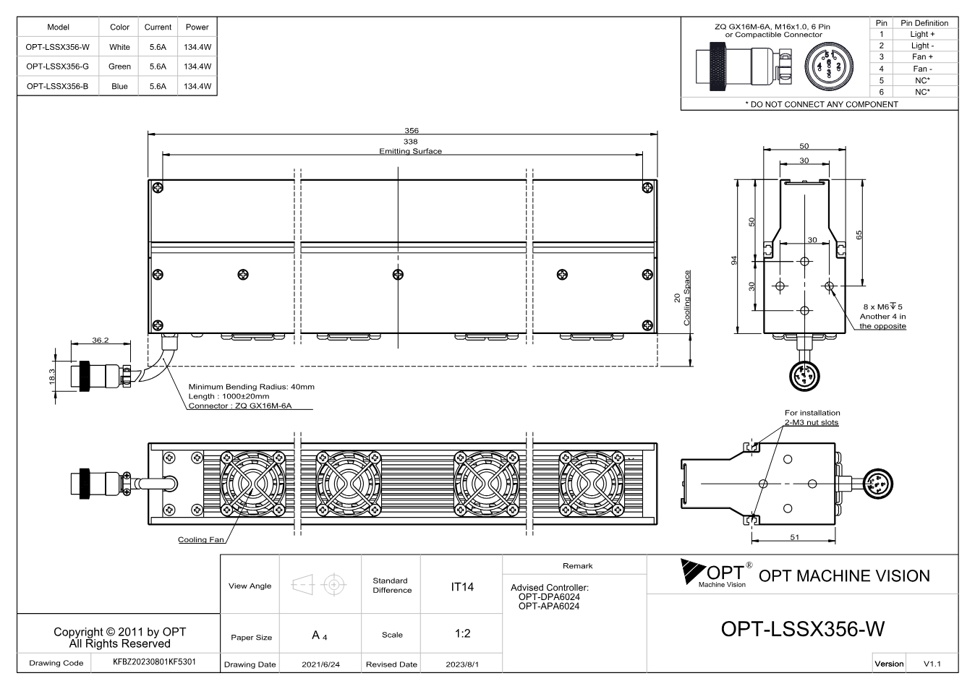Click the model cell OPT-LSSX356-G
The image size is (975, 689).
[x=57, y=67]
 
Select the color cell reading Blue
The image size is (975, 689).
[x=119, y=86]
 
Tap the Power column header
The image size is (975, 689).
[x=197, y=27]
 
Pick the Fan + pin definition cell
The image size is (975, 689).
[x=922, y=57]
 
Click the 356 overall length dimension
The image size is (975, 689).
[x=412, y=130]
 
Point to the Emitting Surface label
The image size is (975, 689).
[x=410, y=151]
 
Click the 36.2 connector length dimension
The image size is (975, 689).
[x=100, y=340]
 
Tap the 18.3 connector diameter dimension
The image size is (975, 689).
[x=52, y=376]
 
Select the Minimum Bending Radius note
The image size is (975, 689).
[x=251, y=387]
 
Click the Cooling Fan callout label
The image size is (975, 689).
[x=200, y=540]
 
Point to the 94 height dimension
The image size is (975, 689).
[x=734, y=260]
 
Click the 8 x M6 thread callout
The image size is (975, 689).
[x=882, y=307]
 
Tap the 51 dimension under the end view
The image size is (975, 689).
[x=795, y=537]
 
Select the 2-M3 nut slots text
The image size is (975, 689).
[x=812, y=422]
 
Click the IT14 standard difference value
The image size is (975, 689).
[x=461, y=587]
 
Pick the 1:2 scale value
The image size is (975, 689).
[x=462, y=633]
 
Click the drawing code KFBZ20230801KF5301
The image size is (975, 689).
[x=154, y=662]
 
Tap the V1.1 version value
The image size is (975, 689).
[x=932, y=664]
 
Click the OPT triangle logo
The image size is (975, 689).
[x=693, y=570]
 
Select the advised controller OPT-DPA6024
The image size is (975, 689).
[x=549, y=596]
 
